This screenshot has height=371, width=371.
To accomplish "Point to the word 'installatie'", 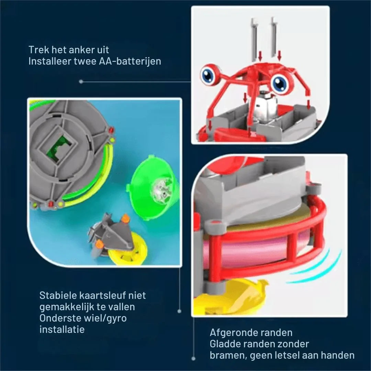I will [x=62, y=330].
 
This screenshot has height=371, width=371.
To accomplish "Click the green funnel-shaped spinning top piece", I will [x=153, y=187].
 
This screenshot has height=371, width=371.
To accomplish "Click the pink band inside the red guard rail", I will [x=254, y=251].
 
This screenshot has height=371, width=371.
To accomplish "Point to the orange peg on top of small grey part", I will [x=125, y=218].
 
